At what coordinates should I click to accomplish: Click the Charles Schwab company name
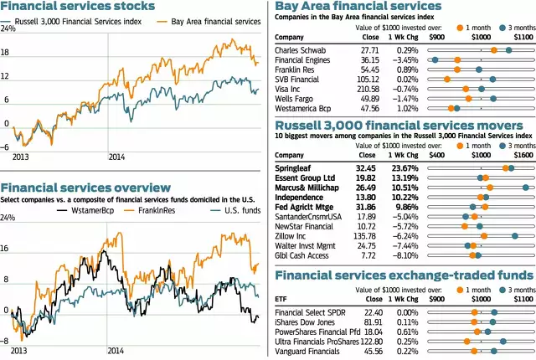[x=301, y=50]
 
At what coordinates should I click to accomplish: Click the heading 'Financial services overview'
[x=86, y=188]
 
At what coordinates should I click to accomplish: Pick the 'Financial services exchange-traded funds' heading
[x=403, y=275]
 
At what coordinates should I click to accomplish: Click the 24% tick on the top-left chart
[x=9, y=29]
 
